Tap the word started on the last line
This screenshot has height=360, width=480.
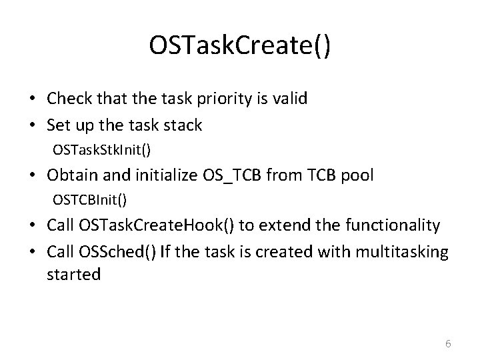pyautogui.click(x=73, y=274)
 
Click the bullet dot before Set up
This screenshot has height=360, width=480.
pyautogui.click(x=33, y=125)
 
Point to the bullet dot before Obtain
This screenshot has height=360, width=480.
pyautogui.click(x=33, y=175)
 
